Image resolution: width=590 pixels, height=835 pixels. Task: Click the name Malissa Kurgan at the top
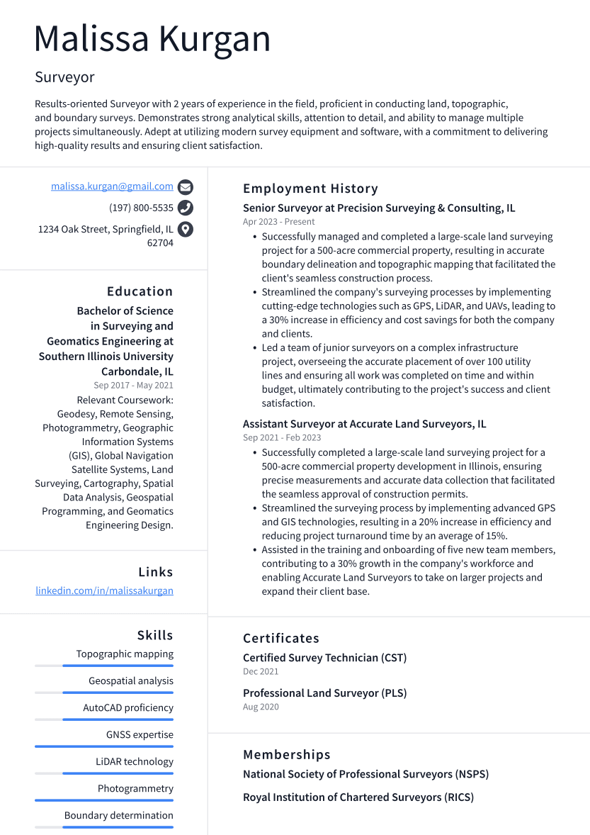click(x=152, y=39)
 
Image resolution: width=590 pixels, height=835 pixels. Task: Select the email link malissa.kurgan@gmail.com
click(x=112, y=186)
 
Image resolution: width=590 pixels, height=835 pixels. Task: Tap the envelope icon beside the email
click(x=186, y=187)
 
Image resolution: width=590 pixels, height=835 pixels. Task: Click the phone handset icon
click(x=186, y=208)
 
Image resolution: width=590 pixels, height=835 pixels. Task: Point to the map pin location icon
click(x=186, y=229)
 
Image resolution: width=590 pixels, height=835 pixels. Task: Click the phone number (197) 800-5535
click(x=141, y=208)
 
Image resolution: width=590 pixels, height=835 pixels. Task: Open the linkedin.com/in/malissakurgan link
click(x=104, y=590)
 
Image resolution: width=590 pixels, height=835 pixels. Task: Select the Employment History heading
click(x=310, y=189)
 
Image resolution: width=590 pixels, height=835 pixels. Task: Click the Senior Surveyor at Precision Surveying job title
click(x=379, y=208)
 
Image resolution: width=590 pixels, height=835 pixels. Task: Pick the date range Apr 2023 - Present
click(x=278, y=222)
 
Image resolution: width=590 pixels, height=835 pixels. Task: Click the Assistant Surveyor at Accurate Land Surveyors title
click(x=364, y=424)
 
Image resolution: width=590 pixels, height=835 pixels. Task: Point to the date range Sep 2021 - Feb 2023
click(x=281, y=438)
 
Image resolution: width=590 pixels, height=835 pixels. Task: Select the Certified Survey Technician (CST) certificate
click(x=324, y=658)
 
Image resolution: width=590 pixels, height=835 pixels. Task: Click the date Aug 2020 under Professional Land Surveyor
click(x=261, y=707)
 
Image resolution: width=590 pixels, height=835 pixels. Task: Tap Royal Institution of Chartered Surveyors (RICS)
click(x=358, y=797)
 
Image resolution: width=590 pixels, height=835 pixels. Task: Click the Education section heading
click(x=140, y=291)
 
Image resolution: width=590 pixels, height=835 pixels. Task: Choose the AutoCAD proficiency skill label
click(x=127, y=707)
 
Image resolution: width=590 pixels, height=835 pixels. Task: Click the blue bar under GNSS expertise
click(x=104, y=746)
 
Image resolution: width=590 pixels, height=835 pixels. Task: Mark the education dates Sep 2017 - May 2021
click(x=133, y=386)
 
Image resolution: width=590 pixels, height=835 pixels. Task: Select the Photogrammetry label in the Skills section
click(x=135, y=788)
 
